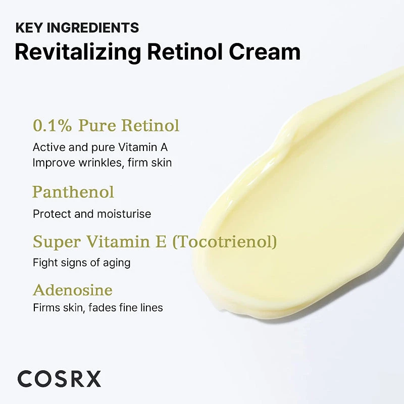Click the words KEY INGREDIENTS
coord(77,28)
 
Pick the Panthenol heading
coord(73,192)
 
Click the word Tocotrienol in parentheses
coord(225,242)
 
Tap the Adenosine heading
coord(73,290)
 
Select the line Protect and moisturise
coord(92,214)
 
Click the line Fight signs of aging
coord(82,263)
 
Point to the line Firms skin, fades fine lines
coord(98,308)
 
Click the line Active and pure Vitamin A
coord(100,147)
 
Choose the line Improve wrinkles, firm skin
coord(102,163)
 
